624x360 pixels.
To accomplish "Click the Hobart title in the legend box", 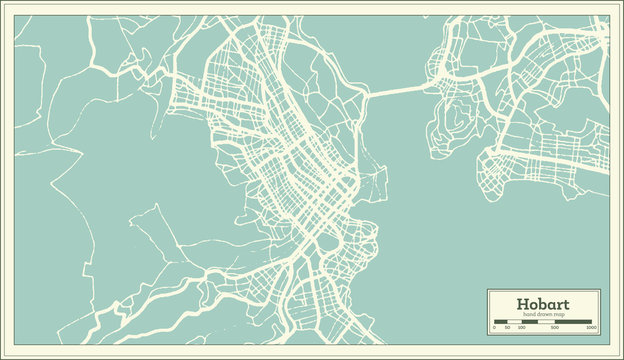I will pyautogui.click(x=543, y=304).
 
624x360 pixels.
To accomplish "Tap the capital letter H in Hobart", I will pyautogui.click(x=522, y=304).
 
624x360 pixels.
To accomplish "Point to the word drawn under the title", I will pyautogui.click(x=546, y=314).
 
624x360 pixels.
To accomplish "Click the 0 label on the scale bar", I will pyautogui.click(x=494, y=327).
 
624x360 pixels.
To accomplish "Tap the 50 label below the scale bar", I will pyautogui.click(x=507, y=327).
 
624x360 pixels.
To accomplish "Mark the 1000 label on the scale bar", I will pyautogui.click(x=591, y=327).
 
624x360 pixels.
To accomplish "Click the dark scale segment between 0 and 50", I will pyautogui.click(x=500, y=322).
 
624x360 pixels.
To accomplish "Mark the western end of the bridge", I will pyautogui.click(x=367, y=96).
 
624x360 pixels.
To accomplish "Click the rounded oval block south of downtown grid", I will pyautogui.click(x=327, y=243).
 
